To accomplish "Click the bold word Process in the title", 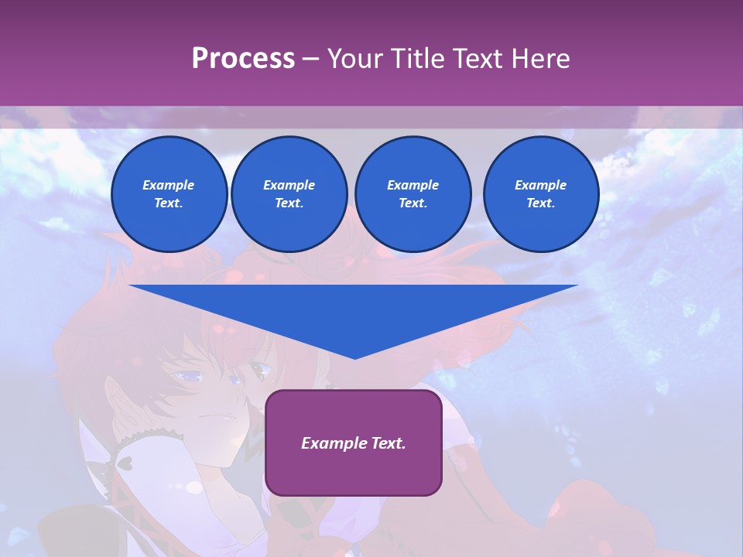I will click(x=243, y=59).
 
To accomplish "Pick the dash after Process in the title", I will click(x=310, y=60).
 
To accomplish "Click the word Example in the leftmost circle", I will click(x=169, y=185).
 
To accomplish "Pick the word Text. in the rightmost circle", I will click(x=540, y=203).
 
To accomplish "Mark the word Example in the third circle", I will click(x=413, y=185).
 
